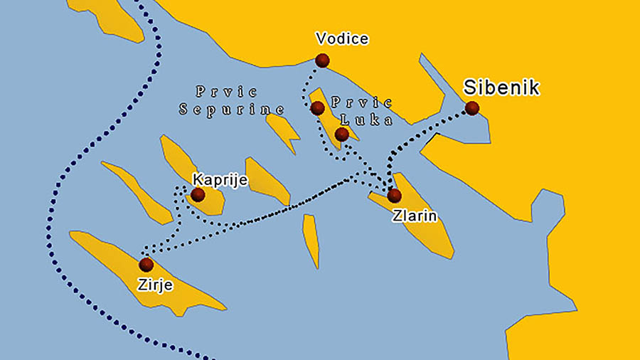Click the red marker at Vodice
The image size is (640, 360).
tap(323, 60)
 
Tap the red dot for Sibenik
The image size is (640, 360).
tap(471, 108)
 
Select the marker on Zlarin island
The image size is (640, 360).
tap(393, 195)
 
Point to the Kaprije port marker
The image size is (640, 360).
tap(198, 194)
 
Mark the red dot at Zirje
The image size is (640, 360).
tap(146, 265)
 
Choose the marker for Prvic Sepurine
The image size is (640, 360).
tap(317, 108)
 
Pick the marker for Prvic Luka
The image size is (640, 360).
tap(341, 134)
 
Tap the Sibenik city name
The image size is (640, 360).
tap(501, 88)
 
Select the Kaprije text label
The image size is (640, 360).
tap(220, 180)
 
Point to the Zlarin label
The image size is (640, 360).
tap(414, 215)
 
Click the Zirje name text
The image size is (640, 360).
tap(156, 285)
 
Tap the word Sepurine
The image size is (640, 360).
tap(232, 110)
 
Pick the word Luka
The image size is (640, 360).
tap(372, 120)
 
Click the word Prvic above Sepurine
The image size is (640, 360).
tap(226, 92)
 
